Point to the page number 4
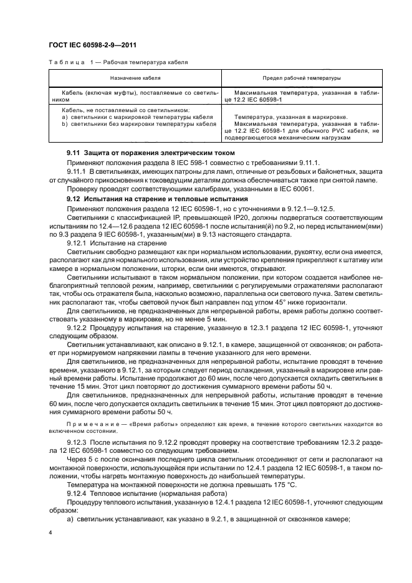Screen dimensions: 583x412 [x=50, y=533]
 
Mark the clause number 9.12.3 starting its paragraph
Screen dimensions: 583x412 [x=77, y=442]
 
